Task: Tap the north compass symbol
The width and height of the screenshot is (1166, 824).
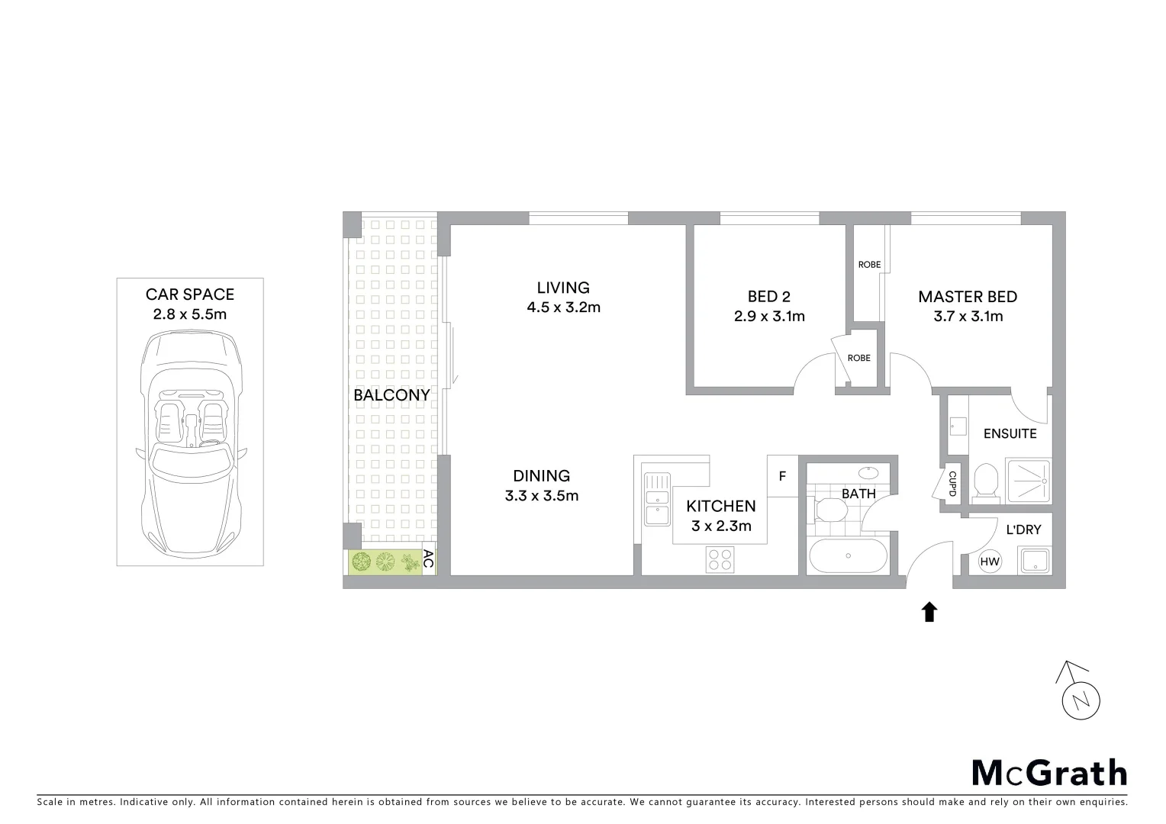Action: (x=1081, y=700)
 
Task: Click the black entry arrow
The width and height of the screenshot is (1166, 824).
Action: (x=929, y=611)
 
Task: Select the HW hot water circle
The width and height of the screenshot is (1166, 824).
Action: (x=989, y=562)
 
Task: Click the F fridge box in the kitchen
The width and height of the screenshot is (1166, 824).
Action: (x=782, y=476)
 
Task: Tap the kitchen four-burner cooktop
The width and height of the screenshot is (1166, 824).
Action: (x=720, y=560)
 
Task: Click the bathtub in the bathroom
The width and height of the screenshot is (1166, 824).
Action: (x=847, y=557)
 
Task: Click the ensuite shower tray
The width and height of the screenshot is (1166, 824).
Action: (x=1028, y=481)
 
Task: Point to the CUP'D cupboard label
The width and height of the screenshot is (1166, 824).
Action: (x=952, y=483)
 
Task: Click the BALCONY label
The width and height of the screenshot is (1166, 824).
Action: (x=391, y=395)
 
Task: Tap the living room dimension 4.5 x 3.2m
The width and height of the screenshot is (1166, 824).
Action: (x=563, y=307)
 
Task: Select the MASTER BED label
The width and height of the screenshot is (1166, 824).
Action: (x=968, y=297)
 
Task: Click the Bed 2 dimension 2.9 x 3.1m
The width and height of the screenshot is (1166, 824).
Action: (x=769, y=316)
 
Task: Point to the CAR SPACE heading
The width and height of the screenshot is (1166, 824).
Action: (x=190, y=295)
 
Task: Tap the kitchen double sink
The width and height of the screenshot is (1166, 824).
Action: (x=655, y=499)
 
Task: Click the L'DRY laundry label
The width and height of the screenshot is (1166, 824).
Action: (x=1023, y=529)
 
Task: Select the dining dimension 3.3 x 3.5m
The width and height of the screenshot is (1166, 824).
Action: (x=541, y=496)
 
